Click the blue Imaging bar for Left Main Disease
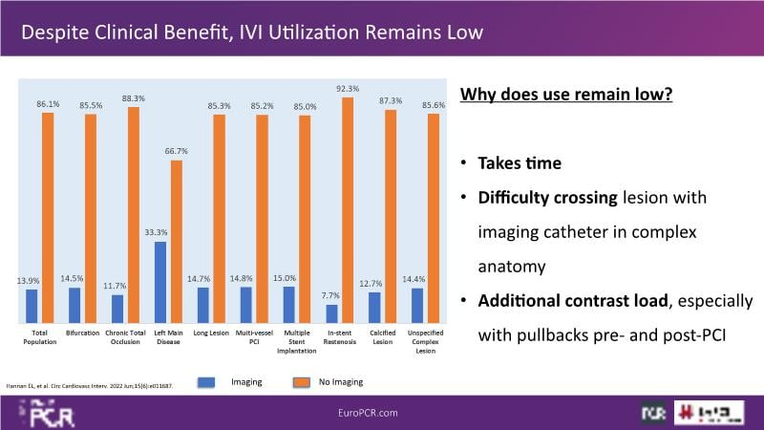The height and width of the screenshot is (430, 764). coord(159,282)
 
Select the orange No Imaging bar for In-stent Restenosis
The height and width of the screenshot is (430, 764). coord(347,210)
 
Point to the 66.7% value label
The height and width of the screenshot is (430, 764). coord(176,151)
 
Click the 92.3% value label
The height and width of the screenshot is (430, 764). coord(348,89)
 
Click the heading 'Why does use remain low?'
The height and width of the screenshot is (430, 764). coord(567,96)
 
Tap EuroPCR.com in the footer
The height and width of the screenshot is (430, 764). coord(382,412)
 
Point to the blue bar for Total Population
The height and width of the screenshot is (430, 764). coord(32,306)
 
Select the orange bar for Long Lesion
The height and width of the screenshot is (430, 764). coord(219,219)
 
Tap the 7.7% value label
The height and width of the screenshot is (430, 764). coord(331,296)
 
